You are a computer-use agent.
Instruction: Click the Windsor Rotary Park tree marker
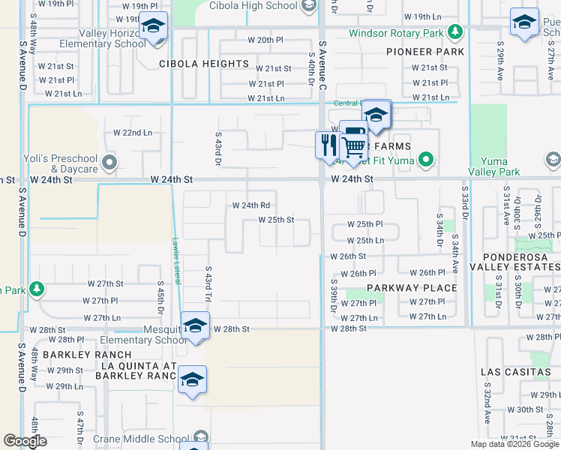pyautogui.click(x=454, y=32)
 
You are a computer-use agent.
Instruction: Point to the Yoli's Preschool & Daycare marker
pyautogui.click(x=110, y=162)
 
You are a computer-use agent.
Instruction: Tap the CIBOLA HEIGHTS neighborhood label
pyautogui.click(x=204, y=64)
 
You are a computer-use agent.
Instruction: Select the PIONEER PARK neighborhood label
pyautogui.click(x=425, y=52)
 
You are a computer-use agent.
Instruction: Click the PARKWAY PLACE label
pyautogui.click(x=412, y=288)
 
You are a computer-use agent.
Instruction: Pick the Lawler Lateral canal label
pyautogui.click(x=175, y=255)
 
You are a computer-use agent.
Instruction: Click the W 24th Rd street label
pyautogui.click(x=251, y=205)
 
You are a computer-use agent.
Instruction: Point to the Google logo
pyautogui.click(x=25, y=441)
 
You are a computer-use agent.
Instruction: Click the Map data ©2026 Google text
pyautogui.click(x=514, y=444)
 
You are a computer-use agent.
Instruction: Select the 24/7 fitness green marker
pyautogui.click(x=426, y=159)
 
